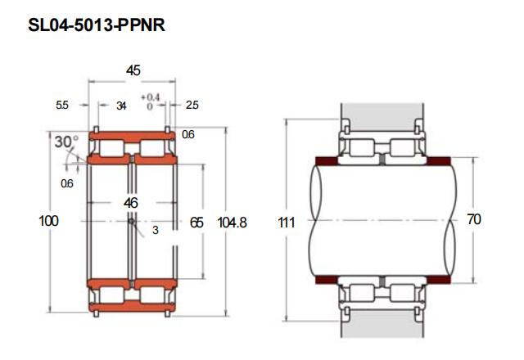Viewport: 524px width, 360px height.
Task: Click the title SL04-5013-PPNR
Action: [x=97, y=25]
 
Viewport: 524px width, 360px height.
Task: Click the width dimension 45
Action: [x=133, y=70]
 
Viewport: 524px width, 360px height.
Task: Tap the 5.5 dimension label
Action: [x=62, y=106]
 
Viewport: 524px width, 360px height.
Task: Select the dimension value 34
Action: [x=121, y=106]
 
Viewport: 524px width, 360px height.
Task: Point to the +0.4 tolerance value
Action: [x=150, y=97]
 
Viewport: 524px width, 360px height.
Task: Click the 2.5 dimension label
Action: [x=192, y=106]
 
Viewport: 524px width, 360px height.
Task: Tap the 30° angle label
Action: [x=66, y=142]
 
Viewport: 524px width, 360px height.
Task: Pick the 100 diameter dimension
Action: [x=49, y=221]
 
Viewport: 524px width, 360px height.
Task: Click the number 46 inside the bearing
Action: [x=130, y=203]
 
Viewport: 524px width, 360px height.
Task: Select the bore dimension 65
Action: [x=196, y=223]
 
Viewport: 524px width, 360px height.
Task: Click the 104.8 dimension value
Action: [x=233, y=223]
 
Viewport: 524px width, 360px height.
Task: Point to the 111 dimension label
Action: [x=287, y=223]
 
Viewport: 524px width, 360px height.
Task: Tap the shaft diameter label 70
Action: [x=474, y=219]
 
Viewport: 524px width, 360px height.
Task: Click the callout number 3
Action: [x=155, y=230]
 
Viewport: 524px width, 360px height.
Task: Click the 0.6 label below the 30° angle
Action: [x=67, y=183]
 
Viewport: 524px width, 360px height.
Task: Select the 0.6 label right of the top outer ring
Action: [x=188, y=134]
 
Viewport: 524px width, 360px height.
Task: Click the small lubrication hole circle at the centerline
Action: [x=131, y=221]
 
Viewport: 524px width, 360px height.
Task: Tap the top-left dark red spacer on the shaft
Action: [x=327, y=161]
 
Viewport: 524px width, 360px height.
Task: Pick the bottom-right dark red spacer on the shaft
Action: [x=439, y=280]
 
